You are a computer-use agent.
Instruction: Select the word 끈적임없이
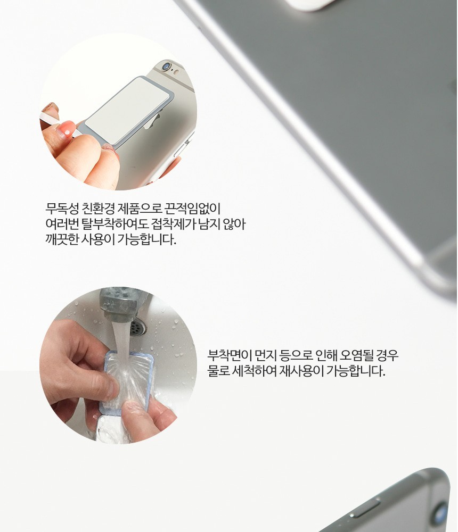(x=193, y=209)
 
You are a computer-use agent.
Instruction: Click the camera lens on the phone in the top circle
(x=166, y=66)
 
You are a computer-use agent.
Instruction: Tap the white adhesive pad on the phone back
(x=127, y=109)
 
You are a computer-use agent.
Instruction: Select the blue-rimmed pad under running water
(x=128, y=380)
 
